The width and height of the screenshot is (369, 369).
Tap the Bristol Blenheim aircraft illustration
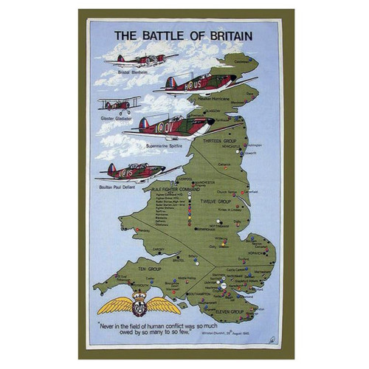pos(139,59)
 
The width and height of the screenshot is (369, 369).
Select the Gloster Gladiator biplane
pos(120,104)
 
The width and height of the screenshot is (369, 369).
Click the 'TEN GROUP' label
pos(132,270)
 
